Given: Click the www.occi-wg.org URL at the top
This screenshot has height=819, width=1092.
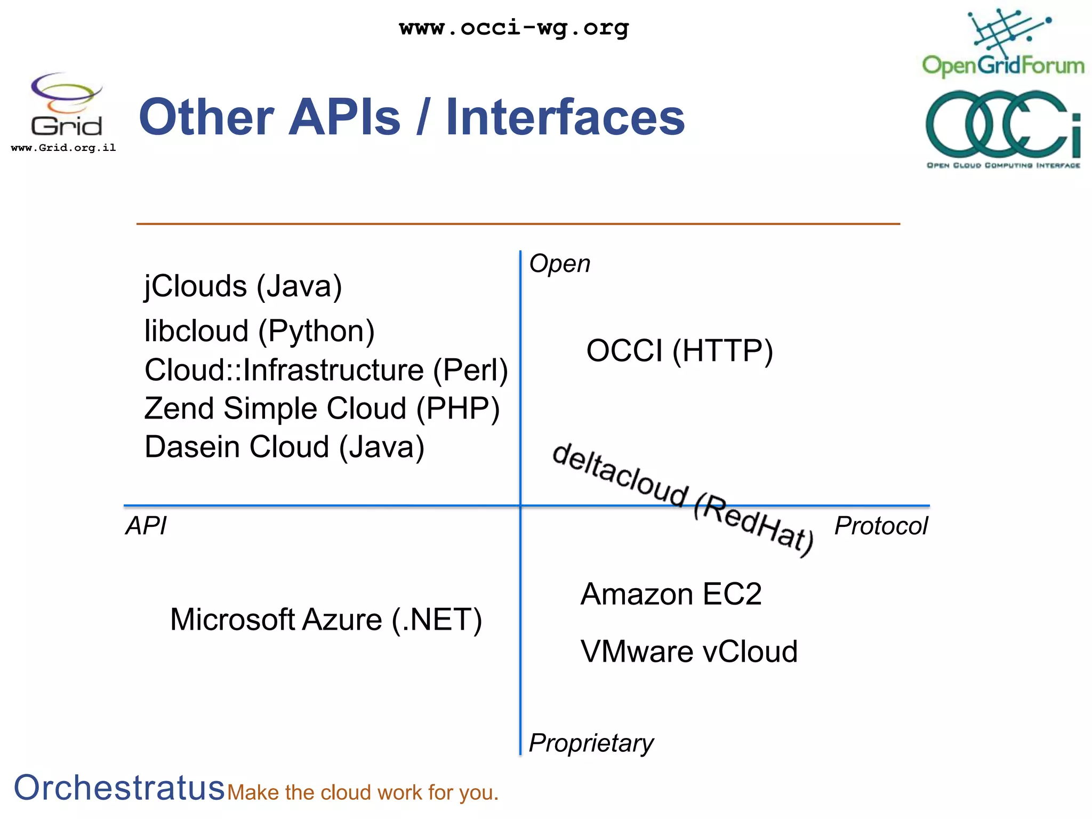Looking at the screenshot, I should click(x=514, y=28).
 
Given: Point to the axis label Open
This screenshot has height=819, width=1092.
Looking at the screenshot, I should click(x=559, y=264).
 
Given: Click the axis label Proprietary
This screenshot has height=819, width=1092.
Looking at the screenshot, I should click(x=591, y=743).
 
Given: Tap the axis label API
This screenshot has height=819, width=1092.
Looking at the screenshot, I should click(x=146, y=526).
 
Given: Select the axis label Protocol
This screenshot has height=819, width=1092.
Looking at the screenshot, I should click(x=881, y=526).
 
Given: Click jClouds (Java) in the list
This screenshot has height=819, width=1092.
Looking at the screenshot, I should click(x=243, y=286).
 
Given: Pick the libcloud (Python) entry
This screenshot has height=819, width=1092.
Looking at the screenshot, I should click(x=260, y=331).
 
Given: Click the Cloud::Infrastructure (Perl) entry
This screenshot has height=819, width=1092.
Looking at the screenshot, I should click(x=326, y=370).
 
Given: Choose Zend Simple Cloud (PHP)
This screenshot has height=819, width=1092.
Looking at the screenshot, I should click(x=322, y=409).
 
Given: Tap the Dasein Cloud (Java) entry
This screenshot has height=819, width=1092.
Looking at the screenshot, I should click(x=284, y=447).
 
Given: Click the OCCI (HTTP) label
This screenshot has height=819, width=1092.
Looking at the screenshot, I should click(x=679, y=351).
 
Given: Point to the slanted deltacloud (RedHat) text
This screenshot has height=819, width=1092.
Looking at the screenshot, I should click(x=682, y=499).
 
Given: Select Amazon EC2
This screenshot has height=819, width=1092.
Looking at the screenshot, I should click(x=671, y=594).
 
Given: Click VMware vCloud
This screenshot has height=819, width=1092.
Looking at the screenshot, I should click(x=689, y=652).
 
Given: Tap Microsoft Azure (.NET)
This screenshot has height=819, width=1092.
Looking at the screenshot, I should click(x=326, y=620).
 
